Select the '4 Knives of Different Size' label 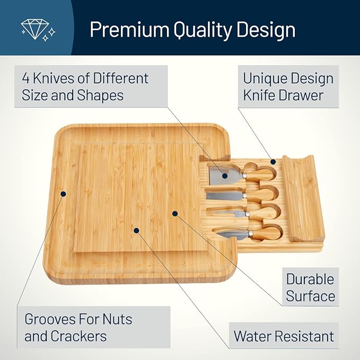coord(85,86)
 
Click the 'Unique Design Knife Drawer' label coord(288,86)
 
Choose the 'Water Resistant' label coord(284,336)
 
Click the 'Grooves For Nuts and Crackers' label coord(78,327)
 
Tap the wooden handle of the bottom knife coord(263,232)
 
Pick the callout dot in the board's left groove coord(63,194)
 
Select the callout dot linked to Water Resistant coord(137,231)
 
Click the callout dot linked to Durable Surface coord(174,214)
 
